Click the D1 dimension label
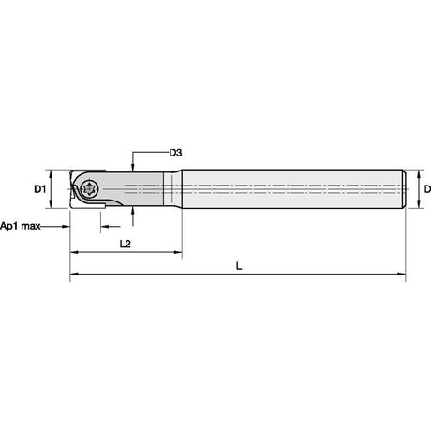(x=40, y=189)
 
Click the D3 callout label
(x=175, y=153)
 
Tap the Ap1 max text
(x=21, y=226)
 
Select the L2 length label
(x=126, y=244)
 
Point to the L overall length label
(x=239, y=266)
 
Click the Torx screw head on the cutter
(x=89, y=188)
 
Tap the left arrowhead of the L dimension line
(x=74, y=274)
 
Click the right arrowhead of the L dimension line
(x=401, y=274)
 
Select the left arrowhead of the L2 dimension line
(x=74, y=252)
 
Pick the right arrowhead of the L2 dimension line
(x=177, y=252)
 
